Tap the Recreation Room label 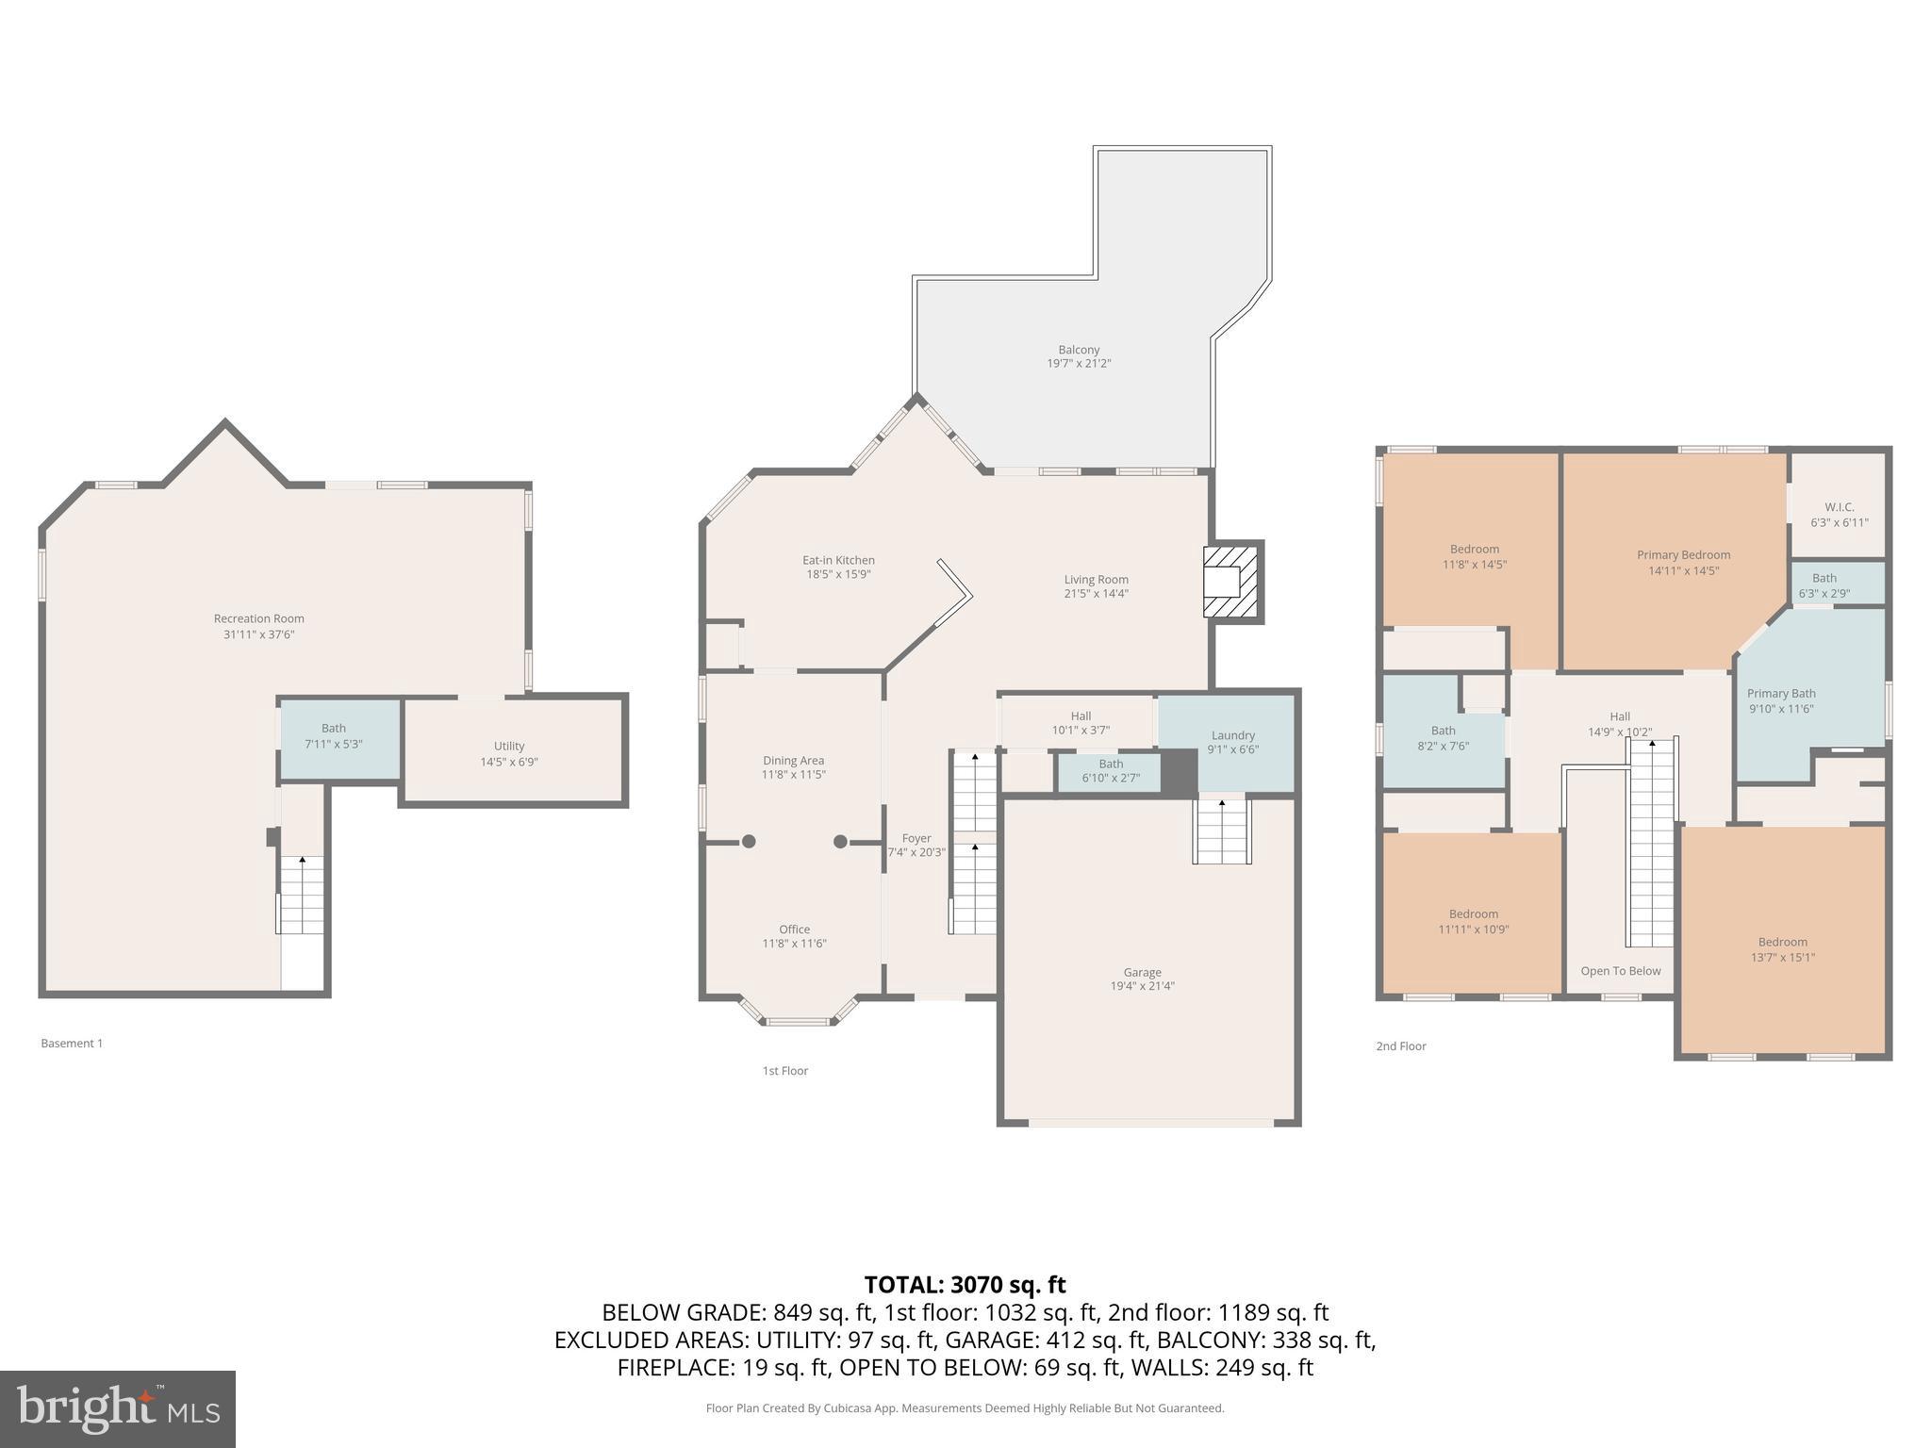tap(258, 619)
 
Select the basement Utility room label tap(508, 746)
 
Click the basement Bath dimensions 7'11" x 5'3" tap(333, 744)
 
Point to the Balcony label tap(1079, 350)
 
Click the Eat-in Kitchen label tap(838, 560)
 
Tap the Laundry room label tap(1232, 735)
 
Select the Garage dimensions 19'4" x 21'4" tap(1142, 986)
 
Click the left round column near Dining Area tap(749, 842)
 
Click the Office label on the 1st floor tap(794, 930)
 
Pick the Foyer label tap(916, 838)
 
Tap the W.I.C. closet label tap(1839, 507)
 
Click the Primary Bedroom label tap(1683, 555)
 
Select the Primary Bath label tap(1780, 694)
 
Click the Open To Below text tap(1621, 971)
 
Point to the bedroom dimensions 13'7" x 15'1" tap(1782, 957)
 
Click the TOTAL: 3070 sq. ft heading tap(965, 1284)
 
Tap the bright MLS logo tap(118, 1408)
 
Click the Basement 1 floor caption tap(72, 1044)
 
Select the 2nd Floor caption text tap(1400, 1046)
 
